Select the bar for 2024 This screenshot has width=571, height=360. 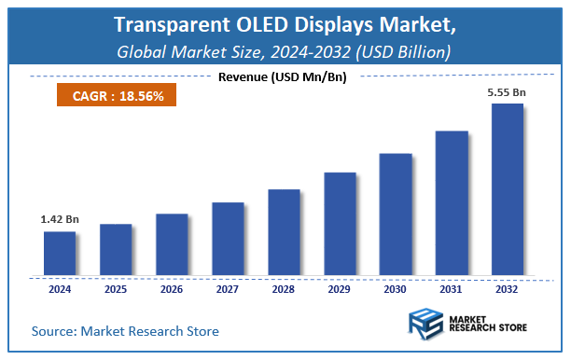pos(59,254)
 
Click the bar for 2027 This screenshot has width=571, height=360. pos(227,239)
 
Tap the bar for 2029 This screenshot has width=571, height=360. pos(340,224)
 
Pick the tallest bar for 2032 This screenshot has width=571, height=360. pos(507,189)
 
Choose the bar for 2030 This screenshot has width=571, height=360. pos(396,215)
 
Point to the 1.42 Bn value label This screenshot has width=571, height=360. pos(59,219)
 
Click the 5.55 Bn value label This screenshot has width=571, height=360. pos(508,93)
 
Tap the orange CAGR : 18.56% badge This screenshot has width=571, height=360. pos(111,95)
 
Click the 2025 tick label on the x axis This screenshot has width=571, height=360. pos(116,290)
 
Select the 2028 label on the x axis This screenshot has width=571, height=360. pos(284,290)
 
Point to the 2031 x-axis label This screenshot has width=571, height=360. pos(452,290)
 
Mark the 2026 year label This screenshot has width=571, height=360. pos(172,290)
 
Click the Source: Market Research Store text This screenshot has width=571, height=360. pos(125,330)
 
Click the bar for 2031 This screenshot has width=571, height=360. pos(452,203)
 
